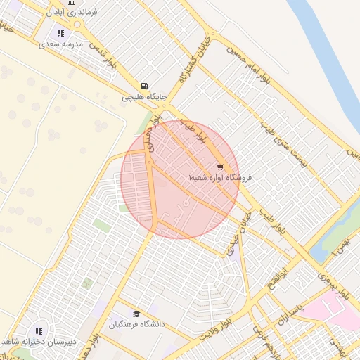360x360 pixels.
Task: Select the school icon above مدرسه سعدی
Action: [60, 32]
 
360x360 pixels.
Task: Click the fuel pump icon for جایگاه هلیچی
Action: [145, 85]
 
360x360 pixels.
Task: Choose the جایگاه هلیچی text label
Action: [143, 97]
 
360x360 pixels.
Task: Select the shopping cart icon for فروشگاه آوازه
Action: [220, 167]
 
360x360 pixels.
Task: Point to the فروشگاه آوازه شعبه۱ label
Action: [219, 179]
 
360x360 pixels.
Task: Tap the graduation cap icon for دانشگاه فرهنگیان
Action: [136, 314]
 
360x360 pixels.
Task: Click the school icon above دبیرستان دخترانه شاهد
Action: [39, 330]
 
